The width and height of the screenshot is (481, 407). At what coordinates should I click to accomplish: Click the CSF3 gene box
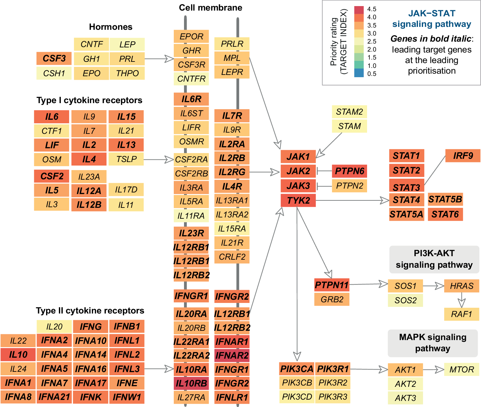[54, 59]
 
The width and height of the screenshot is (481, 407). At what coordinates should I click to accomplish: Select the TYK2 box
[298, 200]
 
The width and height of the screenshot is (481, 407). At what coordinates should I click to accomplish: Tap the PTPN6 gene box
[349, 171]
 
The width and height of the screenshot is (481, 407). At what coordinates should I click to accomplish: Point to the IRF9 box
[463, 156]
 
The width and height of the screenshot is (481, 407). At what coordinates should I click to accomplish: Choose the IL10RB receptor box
[191, 383]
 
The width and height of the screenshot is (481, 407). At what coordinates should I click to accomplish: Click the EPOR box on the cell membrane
[191, 37]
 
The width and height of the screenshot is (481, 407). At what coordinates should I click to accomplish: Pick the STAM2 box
[349, 112]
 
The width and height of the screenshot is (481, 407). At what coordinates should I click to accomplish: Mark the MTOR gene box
[461, 370]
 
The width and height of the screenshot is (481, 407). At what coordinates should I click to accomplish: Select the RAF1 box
[461, 314]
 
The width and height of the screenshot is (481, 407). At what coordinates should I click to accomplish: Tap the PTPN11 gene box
[332, 285]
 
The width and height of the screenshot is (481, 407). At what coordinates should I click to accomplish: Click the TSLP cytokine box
[126, 159]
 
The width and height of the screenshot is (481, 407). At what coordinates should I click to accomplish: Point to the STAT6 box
[445, 214]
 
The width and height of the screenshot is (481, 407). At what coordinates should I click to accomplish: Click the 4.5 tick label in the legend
[372, 9]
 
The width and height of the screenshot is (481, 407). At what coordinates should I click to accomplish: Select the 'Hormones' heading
[111, 27]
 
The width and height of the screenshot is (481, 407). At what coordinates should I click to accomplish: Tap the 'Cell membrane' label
[210, 8]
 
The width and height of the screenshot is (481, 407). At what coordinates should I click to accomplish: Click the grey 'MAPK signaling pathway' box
[433, 343]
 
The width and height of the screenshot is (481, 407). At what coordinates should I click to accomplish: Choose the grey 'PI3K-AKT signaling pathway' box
[434, 259]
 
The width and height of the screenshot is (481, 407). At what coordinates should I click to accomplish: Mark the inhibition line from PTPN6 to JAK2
[324, 171]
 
